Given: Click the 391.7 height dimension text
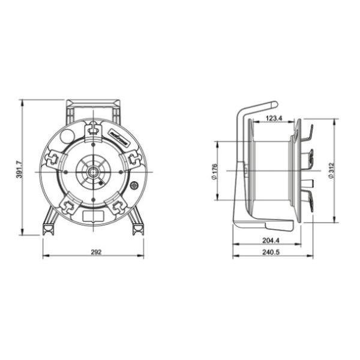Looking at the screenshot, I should click(x=19, y=169).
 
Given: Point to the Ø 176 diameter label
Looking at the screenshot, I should click(x=214, y=172).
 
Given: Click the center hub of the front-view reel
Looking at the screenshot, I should click(x=93, y=172).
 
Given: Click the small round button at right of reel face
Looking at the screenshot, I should click(x=134, y=185).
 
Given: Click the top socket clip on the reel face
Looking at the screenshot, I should click(x=93, y=128).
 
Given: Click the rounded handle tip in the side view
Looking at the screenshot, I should click(x=274, y=104).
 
